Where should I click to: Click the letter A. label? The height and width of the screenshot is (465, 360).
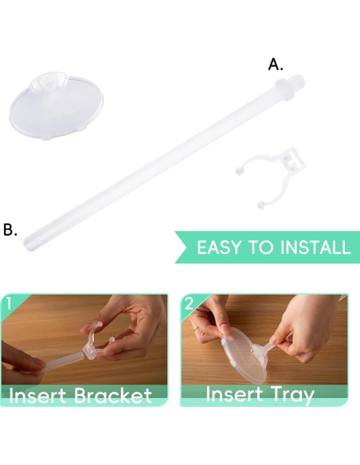pyautogui.click(x=276, y=65)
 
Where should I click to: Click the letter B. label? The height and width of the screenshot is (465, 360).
pyautogui.click(x=10, y=230)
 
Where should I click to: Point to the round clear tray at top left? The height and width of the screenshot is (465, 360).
pyautogui.click(x=56, y=107)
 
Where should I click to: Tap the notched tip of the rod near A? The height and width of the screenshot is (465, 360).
pyautogui.click(x=299, y=82)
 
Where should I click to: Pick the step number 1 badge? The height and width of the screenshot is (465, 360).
pyautogui.click(x=7, y=303)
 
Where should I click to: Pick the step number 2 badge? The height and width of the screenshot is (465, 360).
pyautogui.click(x=188, y=303)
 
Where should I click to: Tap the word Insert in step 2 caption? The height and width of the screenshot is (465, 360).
pyautogui.click(x=237, y=394)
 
